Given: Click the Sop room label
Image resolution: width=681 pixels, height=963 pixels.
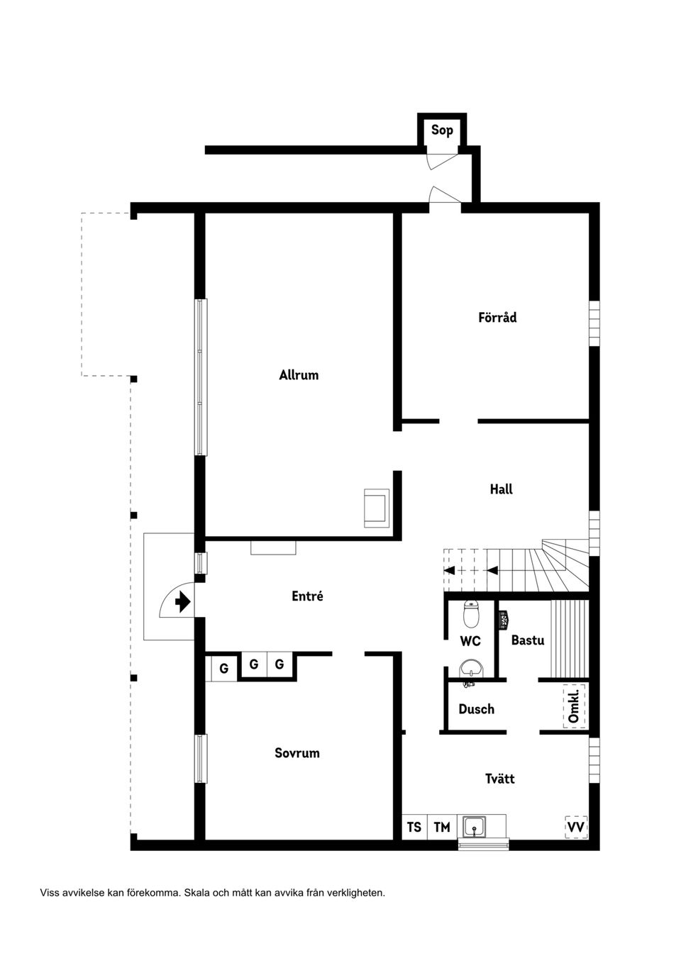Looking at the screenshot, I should tap(442, 130).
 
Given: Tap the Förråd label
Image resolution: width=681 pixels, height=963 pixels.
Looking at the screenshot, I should tap(497, 318).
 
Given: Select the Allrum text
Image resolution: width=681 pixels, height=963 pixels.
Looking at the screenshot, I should tap(299, 375).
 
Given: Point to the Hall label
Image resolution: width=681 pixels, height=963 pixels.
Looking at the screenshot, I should tap(501, 489).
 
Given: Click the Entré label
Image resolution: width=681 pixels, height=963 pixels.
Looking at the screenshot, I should tap(307, 596).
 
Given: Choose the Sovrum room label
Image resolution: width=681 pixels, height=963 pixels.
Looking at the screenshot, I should tap(297, 753).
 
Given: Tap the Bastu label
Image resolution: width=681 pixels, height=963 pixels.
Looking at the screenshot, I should tap(528, 640).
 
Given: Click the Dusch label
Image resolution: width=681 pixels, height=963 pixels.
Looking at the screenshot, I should tap(476, 709).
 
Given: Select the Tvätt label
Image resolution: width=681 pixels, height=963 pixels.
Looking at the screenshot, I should tap(499, 779).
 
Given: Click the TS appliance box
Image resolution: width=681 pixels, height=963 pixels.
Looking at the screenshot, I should tap(414, 827).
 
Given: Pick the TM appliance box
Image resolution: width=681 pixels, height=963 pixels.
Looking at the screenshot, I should tap(442, 827).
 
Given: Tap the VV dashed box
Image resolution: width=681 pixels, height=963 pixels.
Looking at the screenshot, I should tap(576, 827).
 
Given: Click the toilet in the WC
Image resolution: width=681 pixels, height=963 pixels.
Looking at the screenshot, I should tap(472, 614).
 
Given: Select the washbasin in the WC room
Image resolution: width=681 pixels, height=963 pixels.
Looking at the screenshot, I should tap(471, 667).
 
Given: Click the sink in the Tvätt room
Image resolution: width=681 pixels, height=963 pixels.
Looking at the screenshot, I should tap(474, 827).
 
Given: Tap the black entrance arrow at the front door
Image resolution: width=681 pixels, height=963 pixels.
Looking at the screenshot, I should tap(182, 602).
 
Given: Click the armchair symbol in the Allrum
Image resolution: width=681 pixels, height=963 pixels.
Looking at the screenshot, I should tap(376, 508).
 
